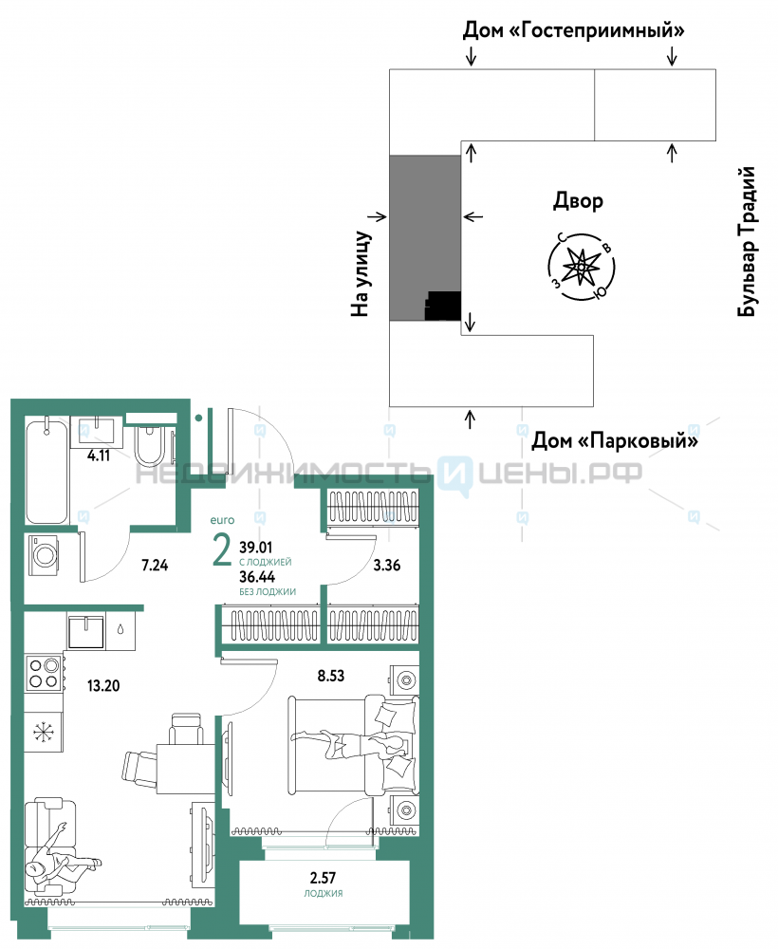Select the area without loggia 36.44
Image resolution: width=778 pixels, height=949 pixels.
point(259,576)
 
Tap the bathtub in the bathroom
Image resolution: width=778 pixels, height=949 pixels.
point(46,471)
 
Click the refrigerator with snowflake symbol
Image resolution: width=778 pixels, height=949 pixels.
point(43,733)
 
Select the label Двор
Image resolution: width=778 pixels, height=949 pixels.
point(577,201)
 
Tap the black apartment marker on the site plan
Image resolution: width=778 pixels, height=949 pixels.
point(443,307)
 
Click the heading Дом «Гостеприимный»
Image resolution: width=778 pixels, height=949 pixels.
point(574,30)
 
